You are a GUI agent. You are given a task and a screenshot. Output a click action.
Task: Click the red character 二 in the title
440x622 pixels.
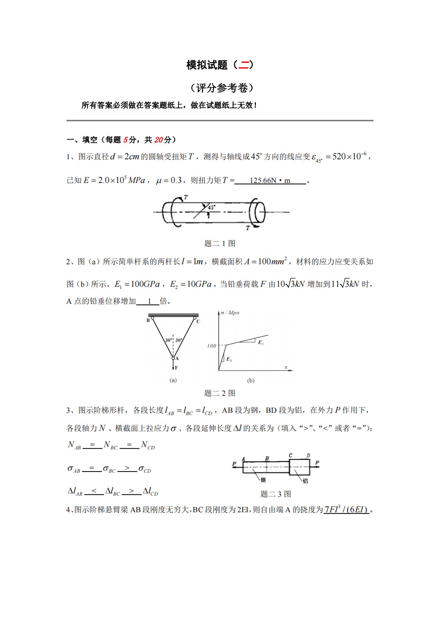click(x=243, y=65)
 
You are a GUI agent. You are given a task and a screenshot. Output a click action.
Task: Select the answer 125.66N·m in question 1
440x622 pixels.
click(x=270, y=181)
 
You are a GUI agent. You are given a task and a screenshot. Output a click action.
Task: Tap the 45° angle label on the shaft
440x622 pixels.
click(x=211, y=208)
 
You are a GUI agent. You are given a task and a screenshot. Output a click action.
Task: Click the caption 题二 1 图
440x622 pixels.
click(x=220, y=244)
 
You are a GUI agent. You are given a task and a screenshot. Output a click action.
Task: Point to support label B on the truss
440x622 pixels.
click(x=148, y=320)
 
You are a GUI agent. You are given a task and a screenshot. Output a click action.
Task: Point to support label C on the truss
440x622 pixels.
click(x=198, y=322)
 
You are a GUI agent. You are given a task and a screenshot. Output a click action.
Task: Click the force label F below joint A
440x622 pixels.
click(x=176, y=368)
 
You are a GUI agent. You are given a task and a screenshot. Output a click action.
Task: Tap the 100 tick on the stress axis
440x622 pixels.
click(x=211, y=346)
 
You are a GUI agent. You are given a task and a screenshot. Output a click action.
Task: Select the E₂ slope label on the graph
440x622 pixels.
click(x=261, y=343)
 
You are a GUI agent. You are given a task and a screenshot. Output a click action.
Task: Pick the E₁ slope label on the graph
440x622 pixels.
click(x=229, y=359)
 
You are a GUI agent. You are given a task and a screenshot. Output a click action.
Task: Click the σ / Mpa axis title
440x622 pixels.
click(x=230, y=313)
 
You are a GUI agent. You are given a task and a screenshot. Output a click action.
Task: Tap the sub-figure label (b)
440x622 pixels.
click(x=251, y=381)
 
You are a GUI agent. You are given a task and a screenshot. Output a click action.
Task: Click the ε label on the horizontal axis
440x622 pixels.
click(x=286, y=367)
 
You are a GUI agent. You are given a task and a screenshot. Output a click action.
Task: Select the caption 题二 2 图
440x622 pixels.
click(x=220, y=393)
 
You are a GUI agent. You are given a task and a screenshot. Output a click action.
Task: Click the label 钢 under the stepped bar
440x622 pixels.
click(x=263, y=480)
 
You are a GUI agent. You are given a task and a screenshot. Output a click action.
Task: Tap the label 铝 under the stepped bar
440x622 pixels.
click(x=305, y=480)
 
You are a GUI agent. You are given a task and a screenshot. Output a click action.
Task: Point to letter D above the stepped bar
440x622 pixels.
click(x=308, y=456)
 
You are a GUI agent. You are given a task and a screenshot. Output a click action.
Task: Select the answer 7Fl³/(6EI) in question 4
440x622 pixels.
click(x=346, y=510)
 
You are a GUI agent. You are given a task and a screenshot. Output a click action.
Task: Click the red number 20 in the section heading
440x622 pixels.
click(x=158, y=140)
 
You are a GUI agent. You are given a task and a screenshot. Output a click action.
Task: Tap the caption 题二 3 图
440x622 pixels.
click(x=275, y=494)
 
